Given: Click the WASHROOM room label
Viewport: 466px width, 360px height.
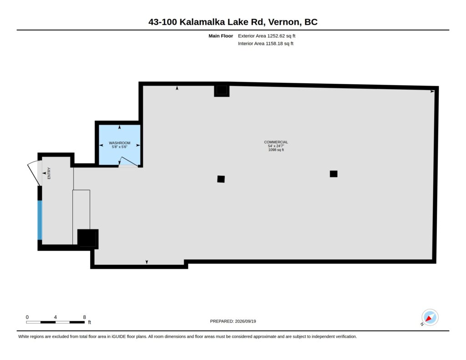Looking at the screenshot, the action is tap(120, 143).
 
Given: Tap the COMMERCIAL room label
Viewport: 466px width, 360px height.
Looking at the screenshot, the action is tap(276, 142).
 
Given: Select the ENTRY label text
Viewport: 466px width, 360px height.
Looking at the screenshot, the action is tap(49, 173).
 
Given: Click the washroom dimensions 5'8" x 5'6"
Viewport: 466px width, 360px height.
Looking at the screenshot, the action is tap(120, 147).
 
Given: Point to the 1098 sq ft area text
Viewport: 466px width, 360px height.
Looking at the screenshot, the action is tap(276, 150).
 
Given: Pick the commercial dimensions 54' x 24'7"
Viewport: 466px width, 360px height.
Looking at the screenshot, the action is tap(276, 146).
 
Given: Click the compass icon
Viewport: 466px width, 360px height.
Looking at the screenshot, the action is tap(430, 318).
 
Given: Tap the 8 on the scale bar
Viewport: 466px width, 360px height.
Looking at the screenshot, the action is tap(84, 317).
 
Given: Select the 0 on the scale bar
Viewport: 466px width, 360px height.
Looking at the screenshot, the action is tap(27, 317).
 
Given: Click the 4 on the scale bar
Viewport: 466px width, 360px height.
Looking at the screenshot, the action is tap(55, 317).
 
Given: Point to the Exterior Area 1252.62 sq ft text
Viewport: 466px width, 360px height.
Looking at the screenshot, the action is tap(267, 36).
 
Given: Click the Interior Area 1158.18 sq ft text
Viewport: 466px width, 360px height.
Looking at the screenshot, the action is tap(266, 43).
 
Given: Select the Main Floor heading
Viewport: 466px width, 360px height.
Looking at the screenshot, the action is tap(221, 36).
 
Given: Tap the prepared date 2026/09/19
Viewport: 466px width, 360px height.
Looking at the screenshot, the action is tap(245, 321).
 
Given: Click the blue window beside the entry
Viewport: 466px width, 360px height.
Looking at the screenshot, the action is tap(40, 220).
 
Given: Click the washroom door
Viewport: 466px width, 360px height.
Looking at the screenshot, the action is tap(128, 162).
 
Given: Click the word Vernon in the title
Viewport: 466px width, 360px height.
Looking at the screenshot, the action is tap(284, 22).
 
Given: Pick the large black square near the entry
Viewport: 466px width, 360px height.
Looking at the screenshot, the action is tap(88, 238).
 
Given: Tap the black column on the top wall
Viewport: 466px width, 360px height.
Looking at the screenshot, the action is tap(222, 91).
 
